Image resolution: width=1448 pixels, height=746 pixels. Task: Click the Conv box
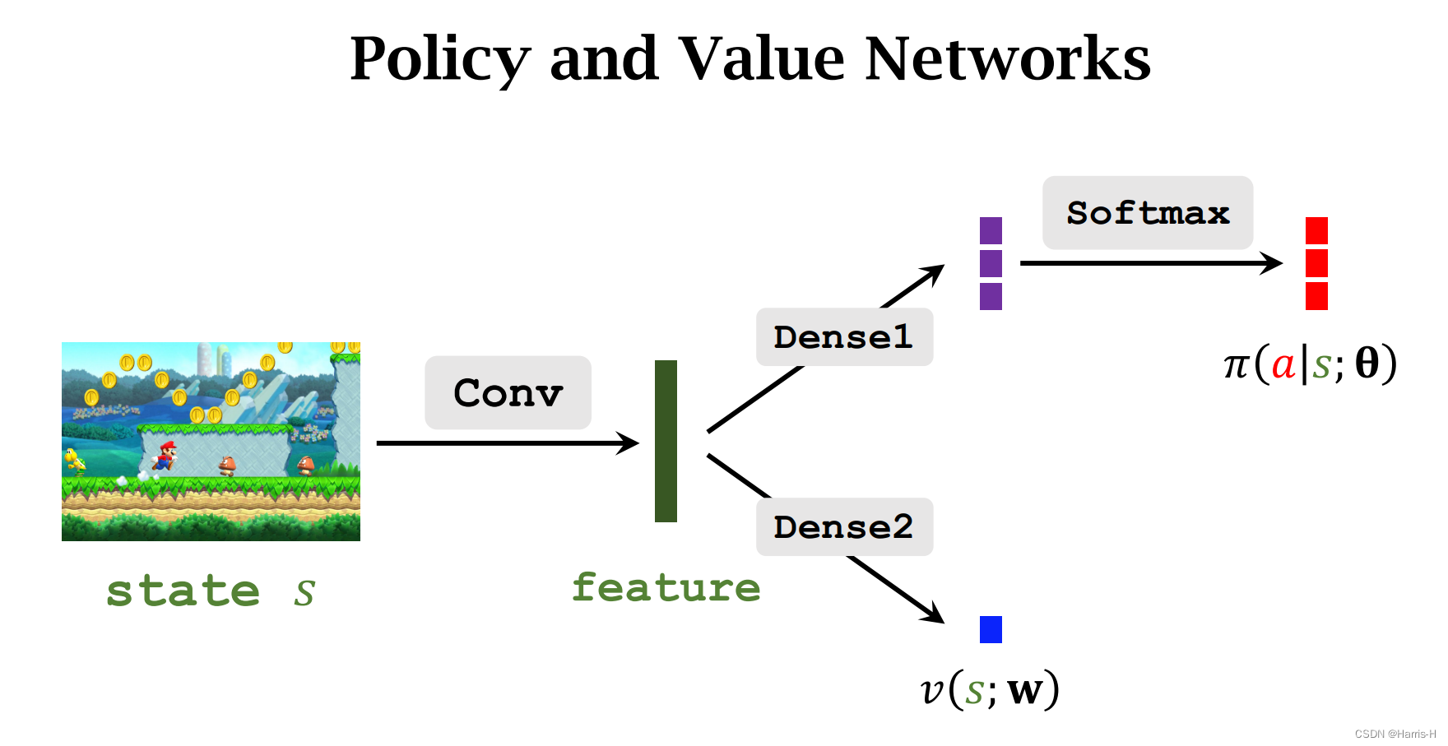click(508, 392)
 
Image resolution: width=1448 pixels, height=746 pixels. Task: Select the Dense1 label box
click(844, 337)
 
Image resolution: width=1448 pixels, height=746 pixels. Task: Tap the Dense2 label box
click(844, 526)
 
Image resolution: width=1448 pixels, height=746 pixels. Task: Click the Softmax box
click(1147, 213)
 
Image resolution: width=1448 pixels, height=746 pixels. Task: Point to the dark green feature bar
click(666, 441)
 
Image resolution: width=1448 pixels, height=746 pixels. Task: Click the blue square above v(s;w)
click(991, 629)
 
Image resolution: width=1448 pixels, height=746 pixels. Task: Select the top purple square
click(991, 230)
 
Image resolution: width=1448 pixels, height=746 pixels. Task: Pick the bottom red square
click(1316, 296)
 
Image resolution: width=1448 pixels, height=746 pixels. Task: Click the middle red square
click(1316, 263)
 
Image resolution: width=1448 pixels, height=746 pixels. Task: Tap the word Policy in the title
click(440, 59)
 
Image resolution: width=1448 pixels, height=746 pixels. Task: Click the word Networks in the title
click(1007, 59)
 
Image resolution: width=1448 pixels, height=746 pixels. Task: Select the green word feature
click(666, 588)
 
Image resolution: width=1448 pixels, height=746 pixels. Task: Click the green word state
click(183, 591)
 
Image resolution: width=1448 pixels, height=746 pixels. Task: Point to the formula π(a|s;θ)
click(1310, 364)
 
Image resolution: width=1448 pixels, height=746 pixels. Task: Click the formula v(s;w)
click(990, 689)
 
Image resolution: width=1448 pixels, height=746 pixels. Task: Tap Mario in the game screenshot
click(166, 455)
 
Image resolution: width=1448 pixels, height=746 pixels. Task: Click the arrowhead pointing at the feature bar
click(629, 443)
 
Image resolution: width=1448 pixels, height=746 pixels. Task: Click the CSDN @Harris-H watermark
click(1395, 734)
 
